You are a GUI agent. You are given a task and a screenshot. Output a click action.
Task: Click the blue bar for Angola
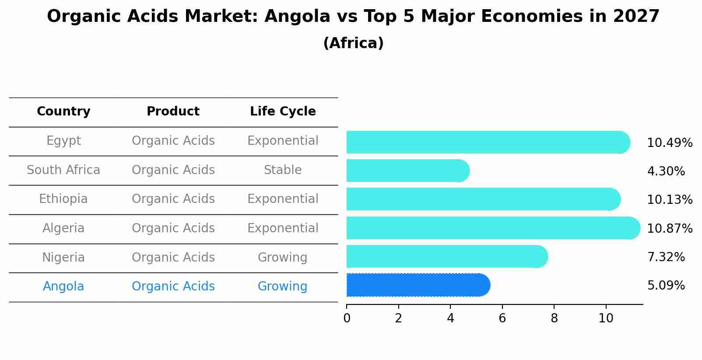(x=418, y=285)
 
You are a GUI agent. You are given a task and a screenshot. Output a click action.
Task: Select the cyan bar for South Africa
(x=407, y=171)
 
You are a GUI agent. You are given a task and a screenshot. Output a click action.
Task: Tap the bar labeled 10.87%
(x=493, y=228)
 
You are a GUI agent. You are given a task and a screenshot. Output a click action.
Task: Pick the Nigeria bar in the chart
(x=446, y=257)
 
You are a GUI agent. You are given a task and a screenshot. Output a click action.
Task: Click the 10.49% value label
(x=670, y=143)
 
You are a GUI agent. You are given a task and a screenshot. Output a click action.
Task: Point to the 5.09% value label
(x=666, y=286)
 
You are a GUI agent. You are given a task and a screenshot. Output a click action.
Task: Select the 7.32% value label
(x=666, y=257)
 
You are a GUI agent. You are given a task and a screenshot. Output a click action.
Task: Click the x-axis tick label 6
(x=502, y=318)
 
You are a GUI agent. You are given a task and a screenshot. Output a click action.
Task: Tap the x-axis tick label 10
(x=606, y=318)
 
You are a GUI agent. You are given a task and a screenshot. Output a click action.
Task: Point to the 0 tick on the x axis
(x=347, y=318)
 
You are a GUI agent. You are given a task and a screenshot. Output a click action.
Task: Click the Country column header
(x=63, y=112)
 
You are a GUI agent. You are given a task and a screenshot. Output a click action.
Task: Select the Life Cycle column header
(x=283, y=112)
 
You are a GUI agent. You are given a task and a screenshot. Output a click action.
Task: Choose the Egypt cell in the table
(x=63, y=141)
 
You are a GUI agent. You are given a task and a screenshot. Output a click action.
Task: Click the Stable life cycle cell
(x=283, y=170)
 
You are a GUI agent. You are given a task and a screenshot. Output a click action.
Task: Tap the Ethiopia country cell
(x=63, y=199)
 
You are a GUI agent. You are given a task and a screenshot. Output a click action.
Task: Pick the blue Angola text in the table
(x=63, y=287)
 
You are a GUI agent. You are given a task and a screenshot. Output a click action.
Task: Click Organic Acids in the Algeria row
(x=173, y=228)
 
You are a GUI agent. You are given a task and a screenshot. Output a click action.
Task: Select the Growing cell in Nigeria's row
(x=283, y=258)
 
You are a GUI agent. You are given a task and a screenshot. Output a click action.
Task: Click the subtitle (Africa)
(x=353, y=43)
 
